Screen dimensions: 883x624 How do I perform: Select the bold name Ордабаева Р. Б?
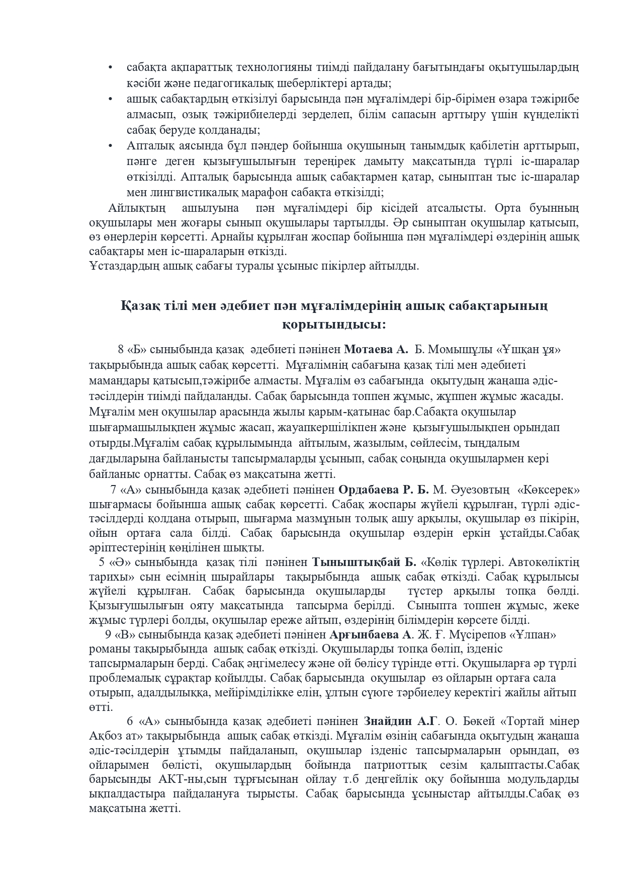click(383, 490)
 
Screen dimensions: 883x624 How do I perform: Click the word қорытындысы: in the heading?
click(334, 325)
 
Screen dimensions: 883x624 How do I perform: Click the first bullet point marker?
click(111, 67)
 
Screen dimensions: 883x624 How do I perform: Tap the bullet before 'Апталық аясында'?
click(111, 146)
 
